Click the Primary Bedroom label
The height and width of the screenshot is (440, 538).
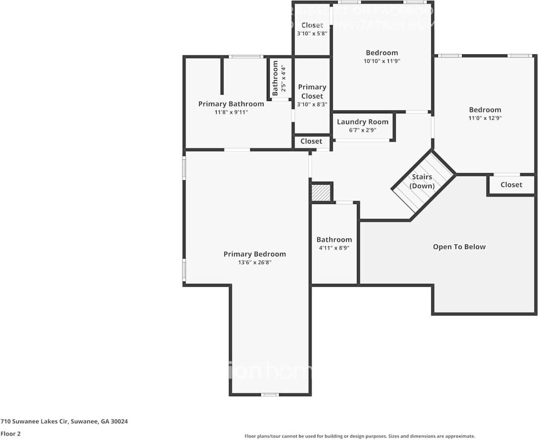tap(254, 254)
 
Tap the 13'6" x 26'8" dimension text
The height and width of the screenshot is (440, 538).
tap(254, 262)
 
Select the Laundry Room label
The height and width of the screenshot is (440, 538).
tap(362, 122)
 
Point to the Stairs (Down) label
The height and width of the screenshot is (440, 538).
tap(422, 181)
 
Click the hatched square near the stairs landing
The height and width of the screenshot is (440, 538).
tap(321, 193)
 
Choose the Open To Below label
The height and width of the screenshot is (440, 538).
tap(459, 246)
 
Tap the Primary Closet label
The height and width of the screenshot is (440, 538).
tap(312, 92)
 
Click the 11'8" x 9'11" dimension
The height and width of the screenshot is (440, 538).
tap(231, 112)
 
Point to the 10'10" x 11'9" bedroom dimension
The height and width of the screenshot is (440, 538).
tap(382, 61)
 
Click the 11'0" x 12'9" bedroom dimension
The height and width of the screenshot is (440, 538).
tap(485, 118)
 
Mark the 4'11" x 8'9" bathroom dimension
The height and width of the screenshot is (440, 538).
tap(334, 248)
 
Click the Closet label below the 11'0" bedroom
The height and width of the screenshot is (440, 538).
tap(511, 185)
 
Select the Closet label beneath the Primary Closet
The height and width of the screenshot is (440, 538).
tap(311, 141)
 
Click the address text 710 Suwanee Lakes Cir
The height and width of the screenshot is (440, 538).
tap(64, 421)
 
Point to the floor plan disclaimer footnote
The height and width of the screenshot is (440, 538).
tap(359, 436)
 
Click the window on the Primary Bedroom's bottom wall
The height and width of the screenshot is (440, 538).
tap(270, 394)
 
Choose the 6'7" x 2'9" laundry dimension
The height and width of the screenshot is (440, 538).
tap(362, 130)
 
